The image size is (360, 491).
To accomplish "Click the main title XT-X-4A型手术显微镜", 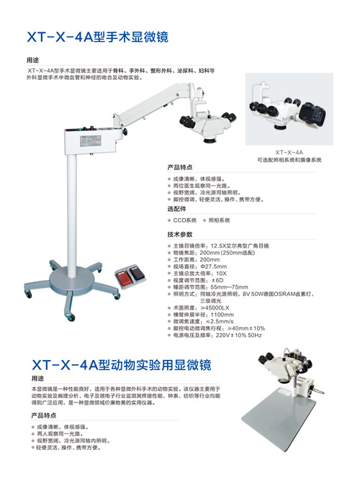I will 101,35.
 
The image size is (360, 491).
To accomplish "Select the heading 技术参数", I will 180,235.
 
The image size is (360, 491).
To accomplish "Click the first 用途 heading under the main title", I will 32,60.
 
